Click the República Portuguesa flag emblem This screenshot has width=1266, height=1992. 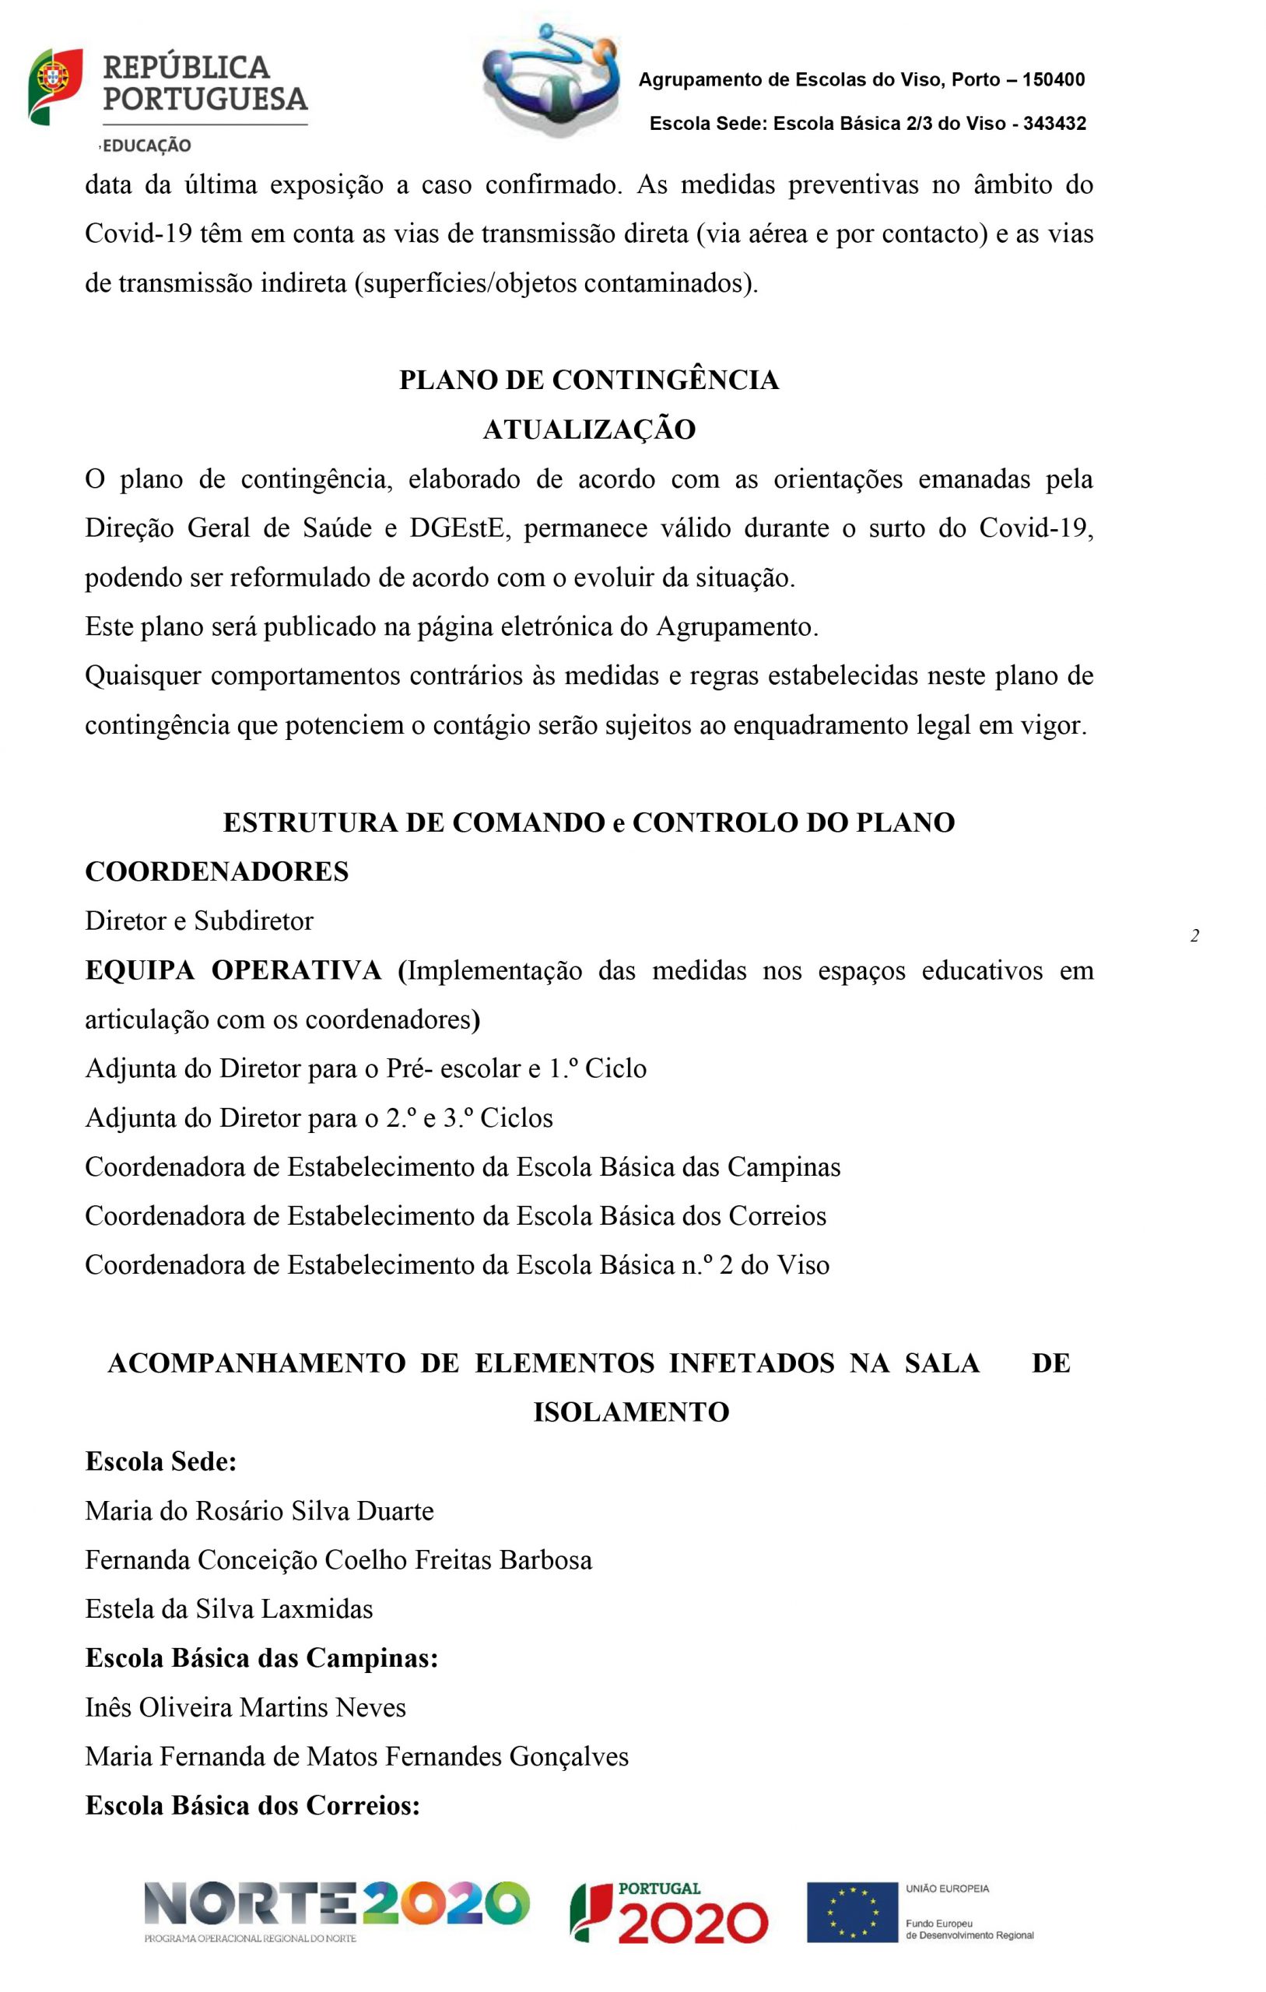click(x=54, y=86)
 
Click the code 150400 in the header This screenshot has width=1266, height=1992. click(x=1054, y=80)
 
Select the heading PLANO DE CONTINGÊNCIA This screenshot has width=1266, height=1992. click(x=588, y=381)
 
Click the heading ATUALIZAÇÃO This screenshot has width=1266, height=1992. click(x=588, y=430)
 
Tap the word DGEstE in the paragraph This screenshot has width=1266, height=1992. click(x=457, y=528)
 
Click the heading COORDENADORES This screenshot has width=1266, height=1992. click(x=217, y=872)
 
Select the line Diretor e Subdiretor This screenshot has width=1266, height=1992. click(x=199, y=921)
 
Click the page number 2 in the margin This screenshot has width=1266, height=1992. click(x=1194, y=936)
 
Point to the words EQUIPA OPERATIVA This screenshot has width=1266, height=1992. click(x=233, y=970)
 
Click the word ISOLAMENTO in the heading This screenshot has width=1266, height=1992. click(x=630, y=1412)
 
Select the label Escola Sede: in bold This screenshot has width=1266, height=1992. click(x=161, y=1462)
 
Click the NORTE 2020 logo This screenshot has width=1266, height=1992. click(x=337, y=1906)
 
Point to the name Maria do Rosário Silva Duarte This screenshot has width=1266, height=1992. click(x=259, y=1511)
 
